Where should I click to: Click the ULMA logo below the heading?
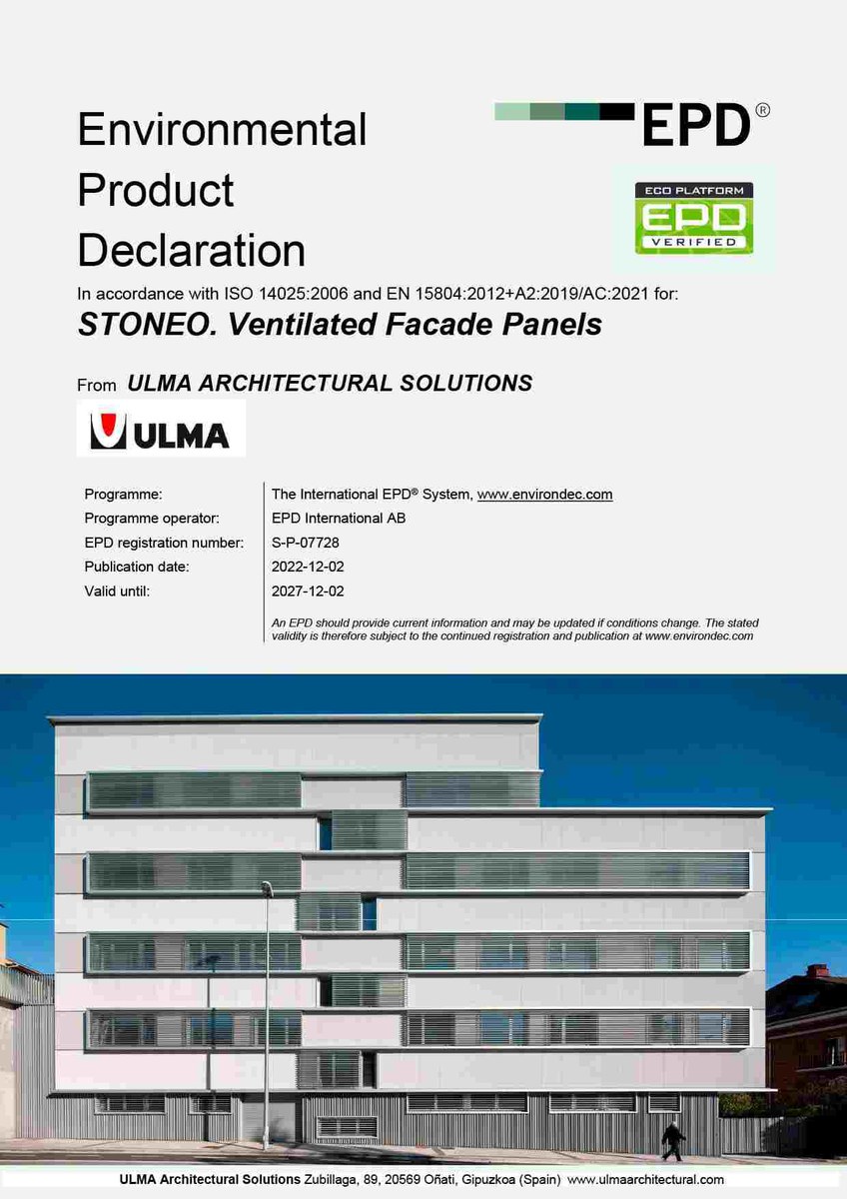tap(160, 430)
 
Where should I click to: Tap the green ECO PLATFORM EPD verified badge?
tap(695, 218)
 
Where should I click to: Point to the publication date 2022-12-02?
tap(308, 567)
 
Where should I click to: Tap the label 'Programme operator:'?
tap(152, 519)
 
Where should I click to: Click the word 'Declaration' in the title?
tap(192, 250)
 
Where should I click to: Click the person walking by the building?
tap(672, 1140)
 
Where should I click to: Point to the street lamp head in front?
tap(267, 887)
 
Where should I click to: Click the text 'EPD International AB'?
tap(339, 519)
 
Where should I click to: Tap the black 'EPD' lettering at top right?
tap(695, 125)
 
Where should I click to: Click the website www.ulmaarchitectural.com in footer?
tap(646, 1180)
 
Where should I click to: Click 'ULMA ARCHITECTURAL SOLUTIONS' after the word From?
tap(330, 383)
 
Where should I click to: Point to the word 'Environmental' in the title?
tap(222, 130)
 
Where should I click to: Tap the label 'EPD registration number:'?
tap(164, 543)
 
